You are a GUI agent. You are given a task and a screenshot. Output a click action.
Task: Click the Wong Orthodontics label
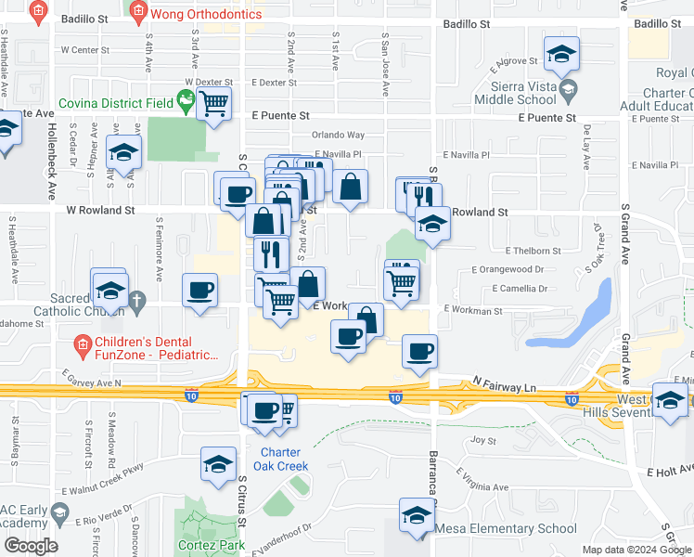[198, 13]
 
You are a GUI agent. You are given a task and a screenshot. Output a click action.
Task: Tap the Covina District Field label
[118, 104]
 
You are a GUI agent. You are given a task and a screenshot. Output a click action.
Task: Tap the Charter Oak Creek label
[278, 460]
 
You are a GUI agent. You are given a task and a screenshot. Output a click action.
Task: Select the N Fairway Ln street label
[504, 383]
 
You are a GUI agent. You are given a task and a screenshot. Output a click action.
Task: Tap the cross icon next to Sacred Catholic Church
[136, 300]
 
